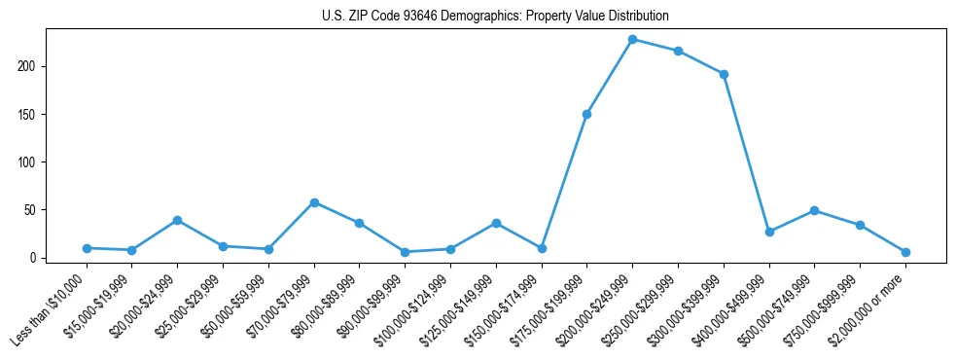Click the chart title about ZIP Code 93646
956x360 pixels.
495,17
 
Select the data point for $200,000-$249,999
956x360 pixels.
633,40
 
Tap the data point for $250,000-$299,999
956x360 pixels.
679,51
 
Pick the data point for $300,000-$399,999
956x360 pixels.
725,74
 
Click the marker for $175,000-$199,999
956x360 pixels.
587,114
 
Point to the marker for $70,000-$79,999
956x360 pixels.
314,202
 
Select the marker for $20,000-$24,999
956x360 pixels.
177,220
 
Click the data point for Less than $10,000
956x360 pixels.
87,248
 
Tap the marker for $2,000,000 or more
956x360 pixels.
906,252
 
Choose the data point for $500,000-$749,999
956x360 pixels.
815,210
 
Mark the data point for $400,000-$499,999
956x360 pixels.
769,232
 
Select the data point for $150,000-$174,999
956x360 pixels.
542,248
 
